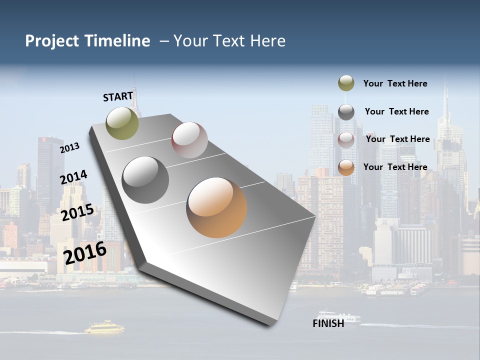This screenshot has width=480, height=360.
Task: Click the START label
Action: [118, 96]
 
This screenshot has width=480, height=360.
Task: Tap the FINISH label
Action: [328, 323]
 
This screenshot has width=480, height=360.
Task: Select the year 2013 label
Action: [70, 148]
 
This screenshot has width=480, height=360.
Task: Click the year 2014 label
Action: [74, 177]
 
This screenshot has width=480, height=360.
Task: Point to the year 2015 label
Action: [77, 212]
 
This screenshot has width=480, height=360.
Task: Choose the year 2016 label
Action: [85, 253]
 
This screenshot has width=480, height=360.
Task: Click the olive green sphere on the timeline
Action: [122, 123]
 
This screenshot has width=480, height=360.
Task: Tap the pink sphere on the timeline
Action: [189, 139]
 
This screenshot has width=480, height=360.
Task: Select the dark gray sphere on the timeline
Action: [145, 179]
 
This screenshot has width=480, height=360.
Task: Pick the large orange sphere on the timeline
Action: [216, 207]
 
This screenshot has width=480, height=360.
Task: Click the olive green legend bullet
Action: [346, 83]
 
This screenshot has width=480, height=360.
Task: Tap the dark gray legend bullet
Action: [346, 112]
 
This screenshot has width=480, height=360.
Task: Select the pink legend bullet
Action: [346, 140]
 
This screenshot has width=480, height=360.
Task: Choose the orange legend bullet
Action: [346, 168]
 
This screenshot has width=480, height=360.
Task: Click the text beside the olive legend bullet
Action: [395, 83]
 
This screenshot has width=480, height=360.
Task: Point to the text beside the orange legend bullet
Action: [395, 167]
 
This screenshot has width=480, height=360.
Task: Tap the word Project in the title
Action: [52, 41]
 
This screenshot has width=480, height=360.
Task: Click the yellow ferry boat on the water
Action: [104, 328]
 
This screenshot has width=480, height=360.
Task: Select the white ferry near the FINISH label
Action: [345, 317]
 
